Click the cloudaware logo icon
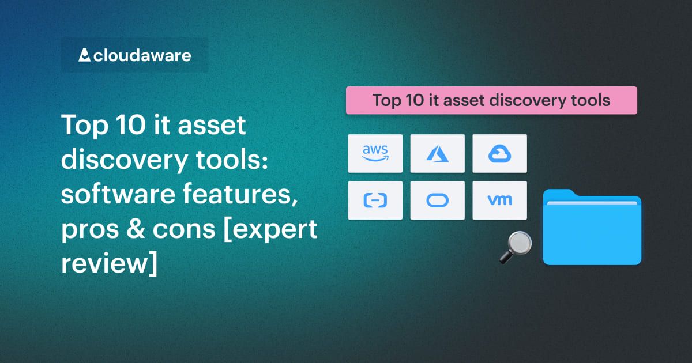click(x=84, y=55)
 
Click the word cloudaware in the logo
click(x=142, y=56)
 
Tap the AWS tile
click(x=375, y=153)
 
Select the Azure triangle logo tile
click(x=437, y=153)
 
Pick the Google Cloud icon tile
click(x=499, y=153)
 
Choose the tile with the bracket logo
click(x=375, y=200)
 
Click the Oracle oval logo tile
click(x=437, y=200)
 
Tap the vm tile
click(x=499, y=200)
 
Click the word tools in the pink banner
click(x=590, y=100)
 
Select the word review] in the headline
click(x=108, y=263)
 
